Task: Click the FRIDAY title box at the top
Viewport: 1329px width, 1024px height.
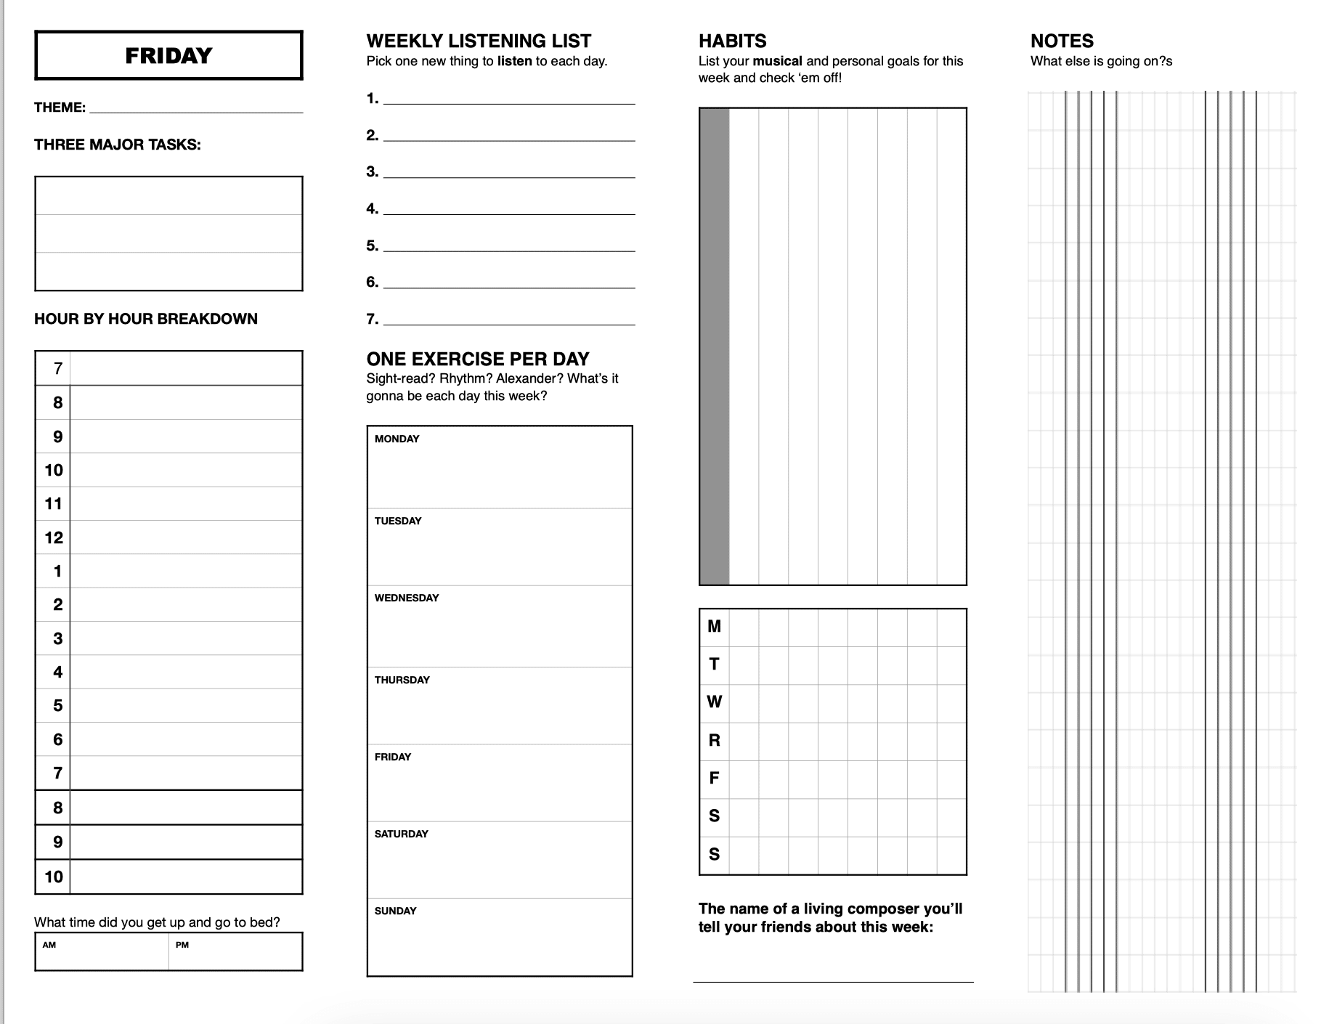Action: (168, 55)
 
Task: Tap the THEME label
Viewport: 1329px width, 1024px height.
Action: (60, 107)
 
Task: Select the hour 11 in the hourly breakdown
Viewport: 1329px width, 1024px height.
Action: (54, 503)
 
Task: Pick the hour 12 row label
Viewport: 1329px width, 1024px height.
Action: (54, 537)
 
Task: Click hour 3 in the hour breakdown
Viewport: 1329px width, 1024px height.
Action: (57, 638)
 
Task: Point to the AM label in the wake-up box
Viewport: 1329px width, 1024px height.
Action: (49, 945)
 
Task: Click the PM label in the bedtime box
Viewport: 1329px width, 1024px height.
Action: (182, 945)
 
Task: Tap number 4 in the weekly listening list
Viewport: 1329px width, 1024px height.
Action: (372, 209)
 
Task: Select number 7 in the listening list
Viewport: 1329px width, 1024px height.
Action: (372, 319)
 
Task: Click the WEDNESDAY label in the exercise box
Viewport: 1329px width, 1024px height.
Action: (407, 598)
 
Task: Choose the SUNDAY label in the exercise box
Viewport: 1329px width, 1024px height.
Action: (396, 911)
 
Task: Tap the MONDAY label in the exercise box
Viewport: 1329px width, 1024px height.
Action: (397, 439)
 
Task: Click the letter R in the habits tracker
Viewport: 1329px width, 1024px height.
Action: (715, 740)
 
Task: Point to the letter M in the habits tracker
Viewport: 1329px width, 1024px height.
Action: (715, 626)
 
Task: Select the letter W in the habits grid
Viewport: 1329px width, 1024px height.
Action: (715, 702)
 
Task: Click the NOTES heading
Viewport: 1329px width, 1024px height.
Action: (1062, 41)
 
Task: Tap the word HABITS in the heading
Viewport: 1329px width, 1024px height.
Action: (732, 41)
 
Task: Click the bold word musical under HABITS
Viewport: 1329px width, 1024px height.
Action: (777, 61)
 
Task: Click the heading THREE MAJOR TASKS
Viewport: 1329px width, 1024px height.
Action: (118, 145)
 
